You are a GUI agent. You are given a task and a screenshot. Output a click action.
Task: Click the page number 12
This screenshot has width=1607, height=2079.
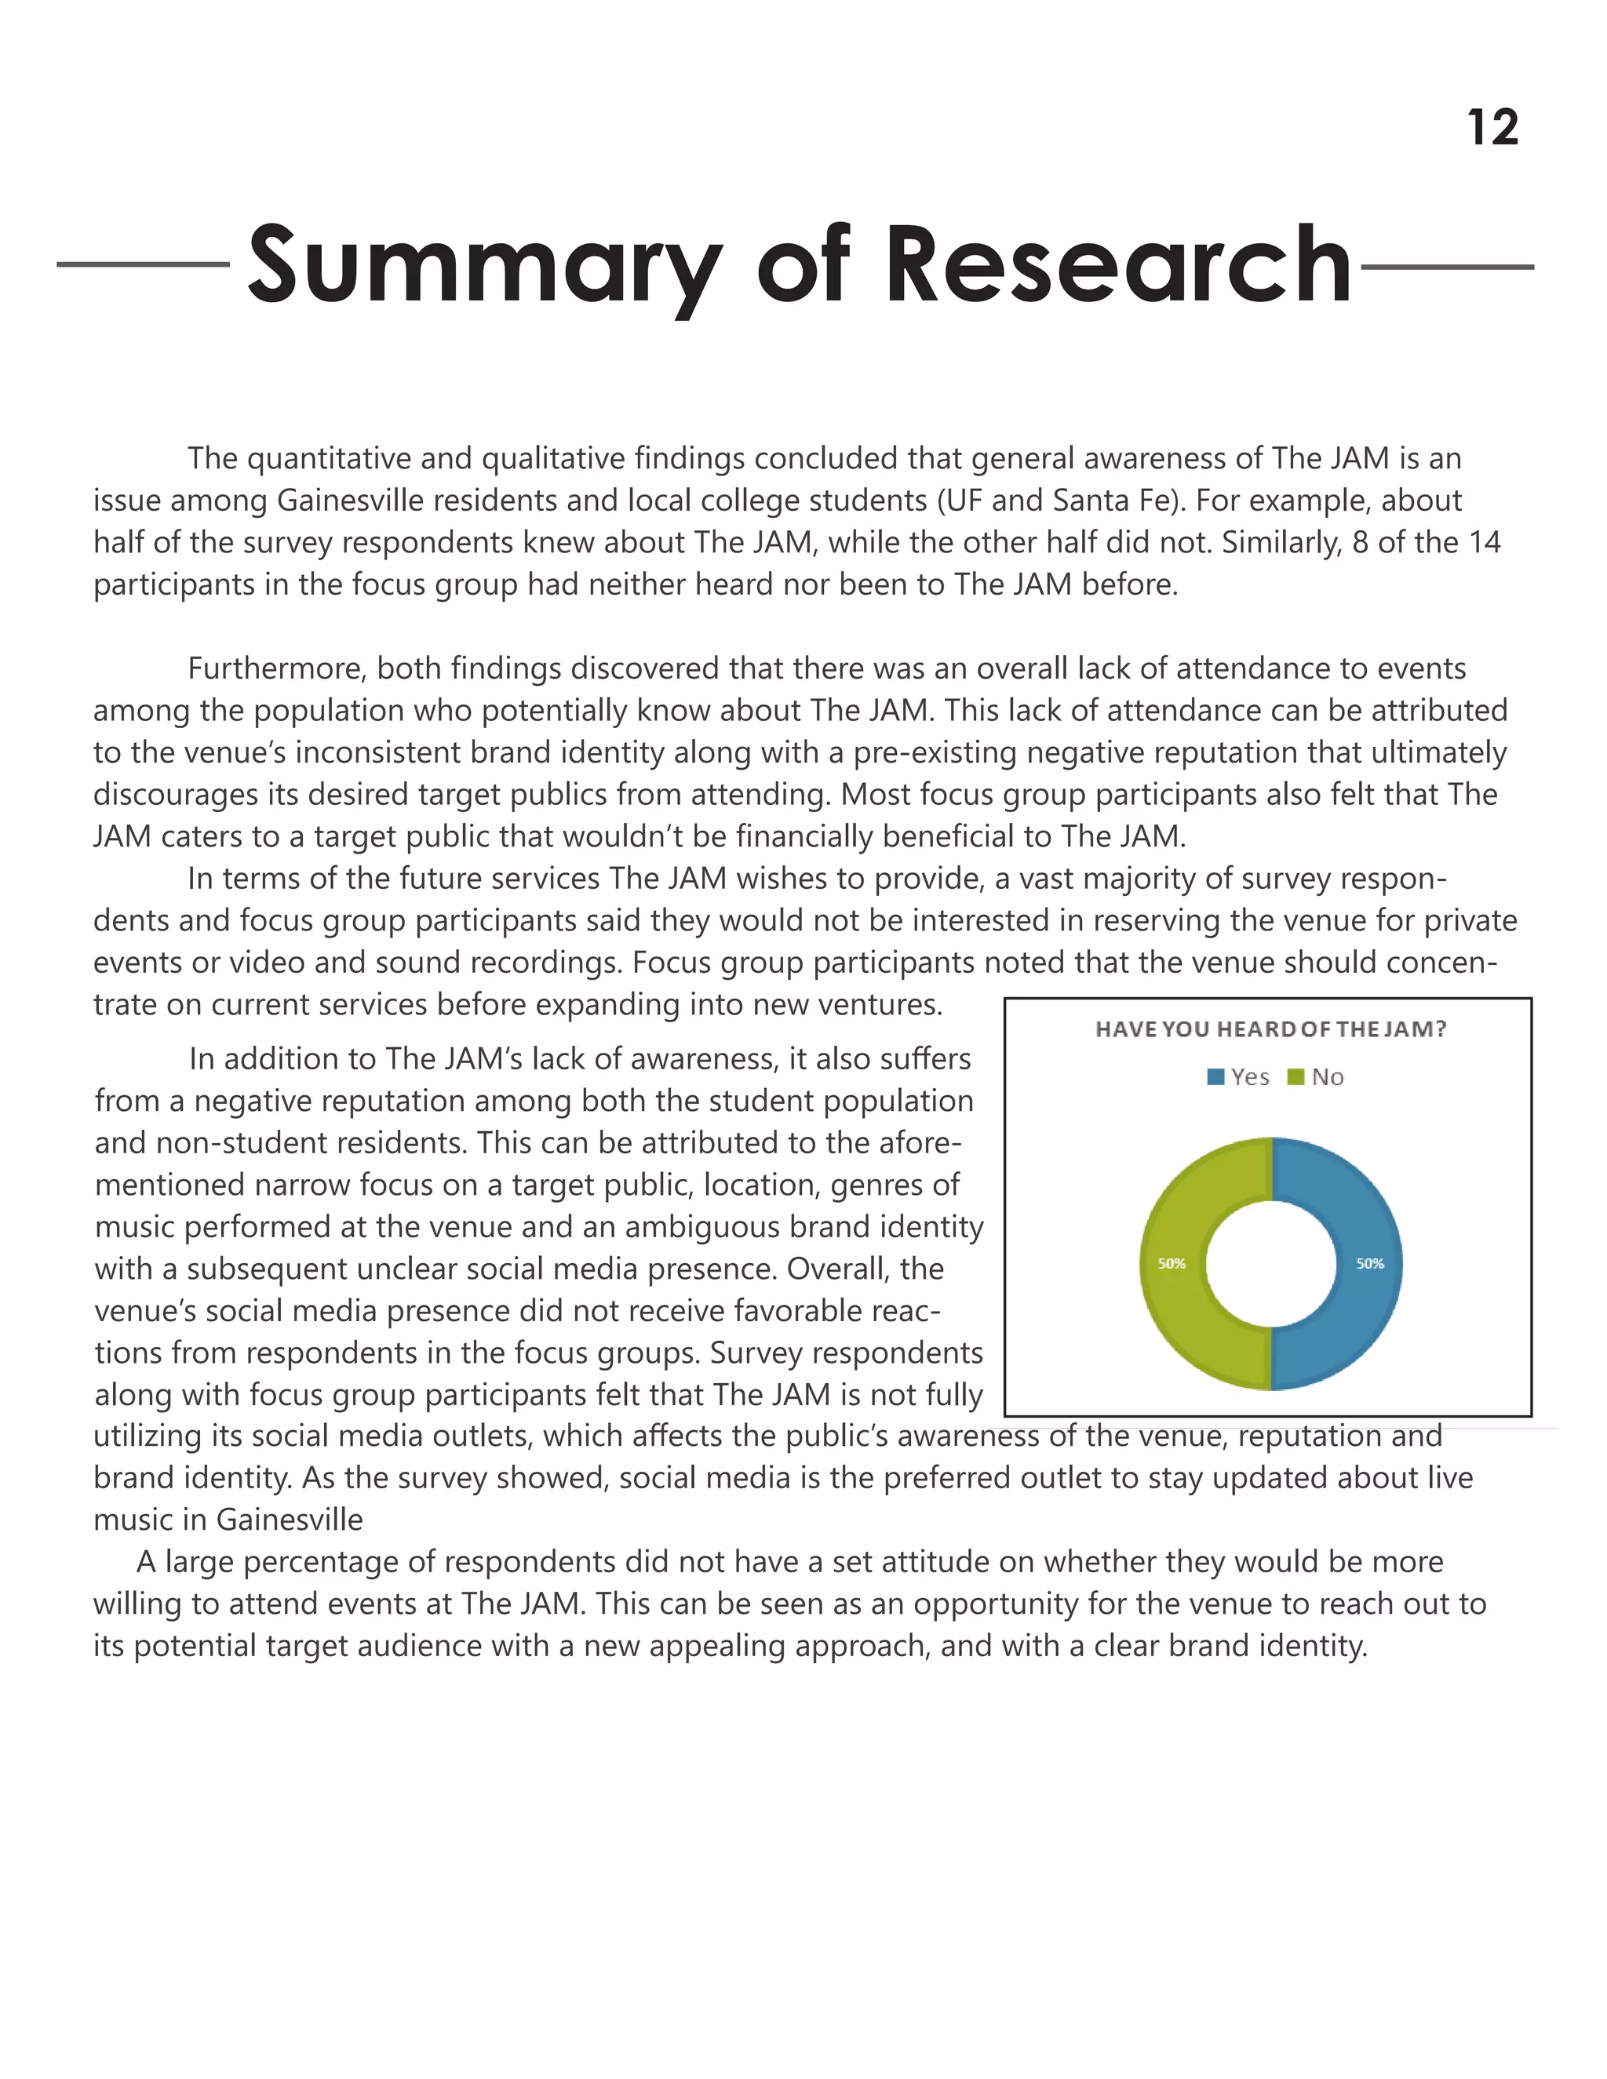pyautogui.click(x=1492, y=128)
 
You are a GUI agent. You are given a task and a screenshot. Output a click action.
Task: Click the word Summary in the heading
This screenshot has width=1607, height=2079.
pyautogui.click(x=483, y=264)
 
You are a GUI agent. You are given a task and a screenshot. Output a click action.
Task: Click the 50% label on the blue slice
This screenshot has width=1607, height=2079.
pyautogui.click(x=1370, y=1263)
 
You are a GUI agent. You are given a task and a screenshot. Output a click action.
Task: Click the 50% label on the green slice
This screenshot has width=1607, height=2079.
pyautogui.click(x=1171, y=1263)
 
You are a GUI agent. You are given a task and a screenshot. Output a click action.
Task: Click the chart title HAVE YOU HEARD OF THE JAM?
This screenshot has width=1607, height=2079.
pyautogui.click(x=1270, y=1029)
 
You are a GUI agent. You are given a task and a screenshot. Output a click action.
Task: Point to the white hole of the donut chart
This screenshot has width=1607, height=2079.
pyautogui.click(x=1270, y=1263)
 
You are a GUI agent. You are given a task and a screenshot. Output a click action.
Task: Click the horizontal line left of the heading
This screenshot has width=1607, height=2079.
pyautogui.click(x=143, y=264)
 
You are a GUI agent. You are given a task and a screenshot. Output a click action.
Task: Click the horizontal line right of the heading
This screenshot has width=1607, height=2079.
pyautogui.click(x=1447, y=268)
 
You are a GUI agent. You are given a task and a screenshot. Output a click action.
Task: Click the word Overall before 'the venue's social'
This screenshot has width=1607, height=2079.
pyautogui.click(x=836, y=1269)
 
